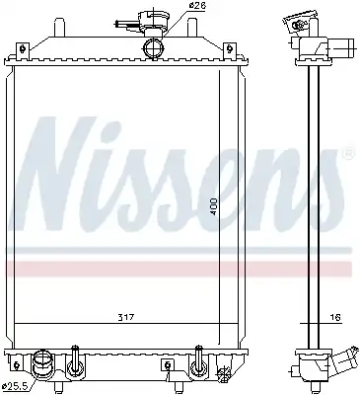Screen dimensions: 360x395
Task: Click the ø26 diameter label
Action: pyautogui.click(x=197, y=6)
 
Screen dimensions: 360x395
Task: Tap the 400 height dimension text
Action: pyautogui.click(x=214, y=206)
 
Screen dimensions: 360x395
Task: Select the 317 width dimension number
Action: pyautogui.click(x=126, y=318)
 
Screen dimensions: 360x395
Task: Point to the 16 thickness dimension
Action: pyautogui.click(x=335, y=317)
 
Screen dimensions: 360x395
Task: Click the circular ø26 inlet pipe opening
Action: pyautogui.click(x=154, y=48)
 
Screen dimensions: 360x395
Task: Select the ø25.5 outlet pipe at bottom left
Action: pyautogui.click(x=41, y=363)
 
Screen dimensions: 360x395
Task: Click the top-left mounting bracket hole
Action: pyautogui.click(x=23, y=49)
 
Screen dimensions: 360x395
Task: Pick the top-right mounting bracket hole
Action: pyautogui.click(x=230, y=49)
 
